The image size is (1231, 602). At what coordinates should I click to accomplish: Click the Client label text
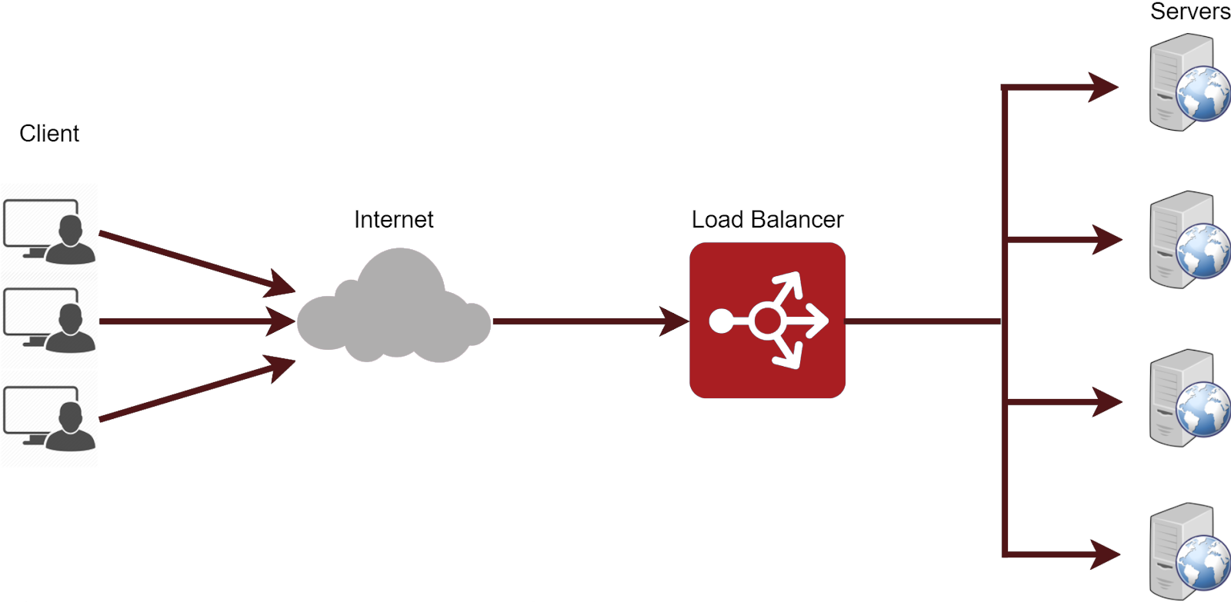click(49, 134)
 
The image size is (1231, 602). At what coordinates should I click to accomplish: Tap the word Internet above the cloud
click(393, 220)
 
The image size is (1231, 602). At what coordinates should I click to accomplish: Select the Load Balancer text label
click(767, 220)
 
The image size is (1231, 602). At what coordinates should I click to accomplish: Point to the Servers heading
click(1190, 11)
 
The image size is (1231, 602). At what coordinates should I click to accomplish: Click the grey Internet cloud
click(393, 307)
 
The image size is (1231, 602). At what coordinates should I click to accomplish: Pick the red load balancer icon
click(767, 321)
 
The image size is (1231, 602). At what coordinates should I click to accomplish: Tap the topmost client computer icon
click(49, 231)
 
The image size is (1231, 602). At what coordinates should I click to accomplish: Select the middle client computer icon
click(49, 320)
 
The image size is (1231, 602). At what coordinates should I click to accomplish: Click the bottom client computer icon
click(49, 418)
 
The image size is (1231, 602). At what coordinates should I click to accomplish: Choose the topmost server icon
click(1189, 82)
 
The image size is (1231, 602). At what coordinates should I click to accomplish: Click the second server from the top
click(1189, 239)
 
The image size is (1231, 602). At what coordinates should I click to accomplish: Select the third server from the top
click(1189, 397)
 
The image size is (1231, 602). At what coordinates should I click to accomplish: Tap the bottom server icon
click(1189, 551)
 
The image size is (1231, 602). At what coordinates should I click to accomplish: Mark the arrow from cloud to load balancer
click(591, 321)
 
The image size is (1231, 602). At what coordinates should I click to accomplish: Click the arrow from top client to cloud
click(197, 262)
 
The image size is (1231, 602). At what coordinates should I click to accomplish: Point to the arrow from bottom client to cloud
click(197, 388)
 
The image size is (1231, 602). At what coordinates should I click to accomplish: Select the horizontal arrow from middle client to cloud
click(197, 321)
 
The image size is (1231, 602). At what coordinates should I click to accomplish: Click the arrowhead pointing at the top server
click(1102, 87)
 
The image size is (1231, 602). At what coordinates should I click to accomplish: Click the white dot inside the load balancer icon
click(722, 321)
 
